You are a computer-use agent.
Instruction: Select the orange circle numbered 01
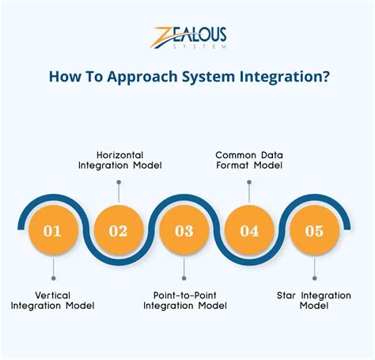(52, 231)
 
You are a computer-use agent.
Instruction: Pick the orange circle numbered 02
(118, 231)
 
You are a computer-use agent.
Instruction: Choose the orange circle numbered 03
(184, 231)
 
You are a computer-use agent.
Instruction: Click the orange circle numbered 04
(249, 231)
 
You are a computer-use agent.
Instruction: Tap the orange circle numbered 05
(315, 231)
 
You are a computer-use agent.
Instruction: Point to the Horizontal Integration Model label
(118, 160)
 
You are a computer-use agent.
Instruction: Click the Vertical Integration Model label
(52, 300)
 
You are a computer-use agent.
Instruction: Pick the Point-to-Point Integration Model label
(184, 300)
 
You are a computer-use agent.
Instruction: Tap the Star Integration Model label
(314, 300)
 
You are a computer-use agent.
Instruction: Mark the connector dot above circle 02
(118, 182)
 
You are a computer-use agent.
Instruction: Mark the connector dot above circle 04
(249, 182)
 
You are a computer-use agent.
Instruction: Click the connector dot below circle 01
(52, 279)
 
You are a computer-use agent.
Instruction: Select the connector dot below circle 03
(184, 279)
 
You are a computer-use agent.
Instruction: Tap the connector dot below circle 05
(315, 279)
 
